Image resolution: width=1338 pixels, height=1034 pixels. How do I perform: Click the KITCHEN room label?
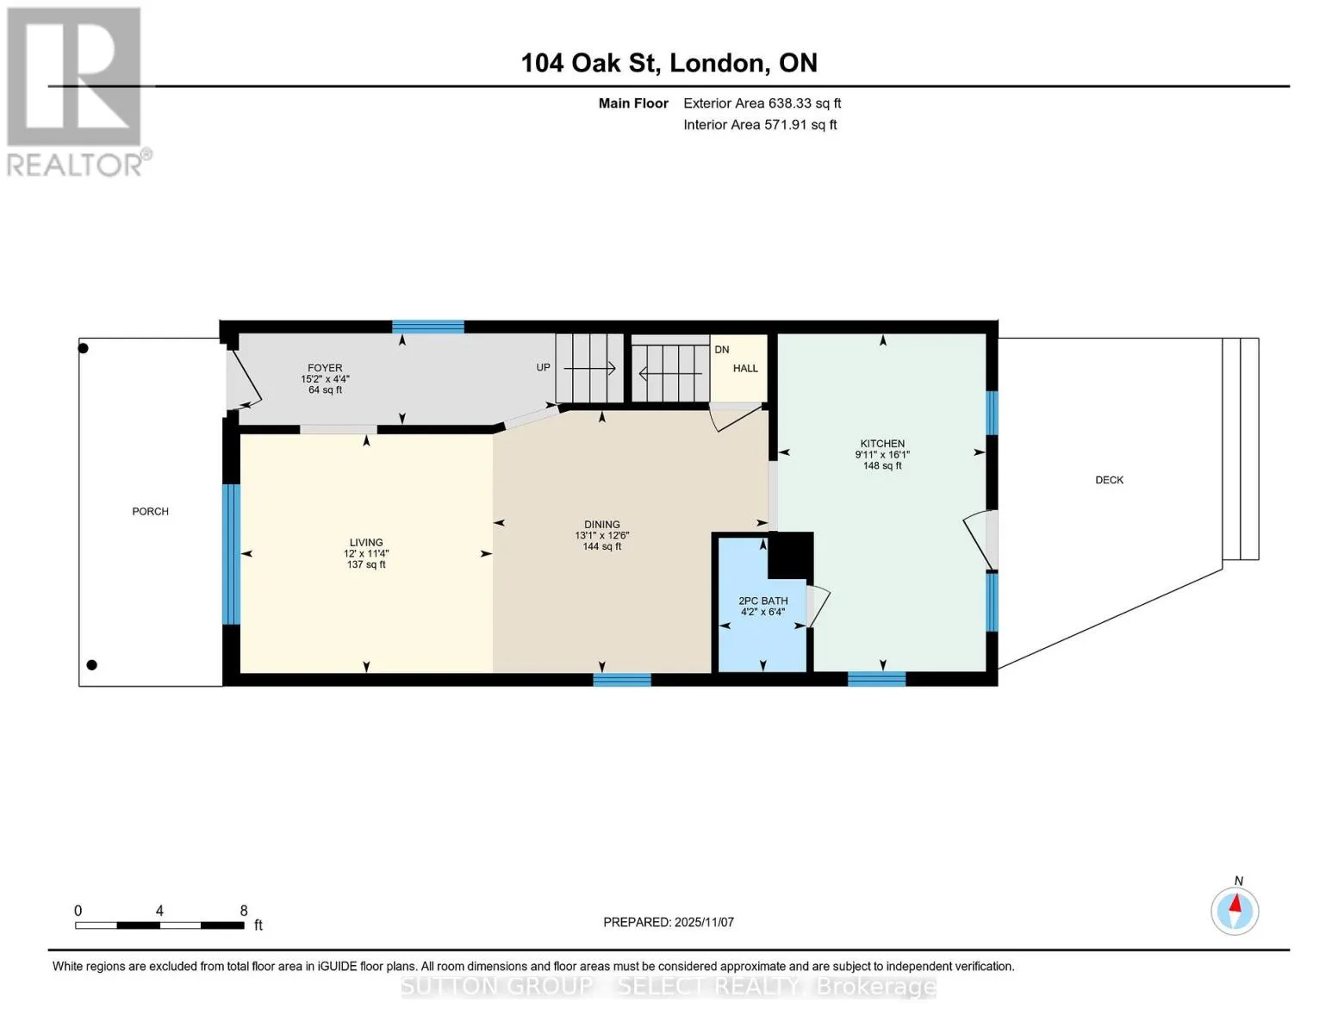coord(881,444)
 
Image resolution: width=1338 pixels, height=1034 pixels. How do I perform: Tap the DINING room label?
coord(601,525)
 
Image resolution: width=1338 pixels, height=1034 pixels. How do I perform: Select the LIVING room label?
coord(366,543)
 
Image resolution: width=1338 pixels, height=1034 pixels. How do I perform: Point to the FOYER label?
coord(325,368)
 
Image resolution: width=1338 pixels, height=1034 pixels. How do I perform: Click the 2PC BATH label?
coord(762,601)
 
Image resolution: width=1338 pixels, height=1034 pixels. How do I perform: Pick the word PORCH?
coord(150,511)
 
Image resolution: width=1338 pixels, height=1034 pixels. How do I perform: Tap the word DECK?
coord(1109,480)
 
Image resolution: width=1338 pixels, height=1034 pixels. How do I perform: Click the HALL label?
coord(745,368)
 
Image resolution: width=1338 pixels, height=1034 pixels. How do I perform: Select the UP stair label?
coord(543,368)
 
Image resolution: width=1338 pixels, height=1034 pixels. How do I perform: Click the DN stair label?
coord(722,350)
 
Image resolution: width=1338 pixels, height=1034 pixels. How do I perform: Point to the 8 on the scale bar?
coord(244,910)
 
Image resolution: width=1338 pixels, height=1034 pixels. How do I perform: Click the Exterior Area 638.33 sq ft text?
coord(762,103)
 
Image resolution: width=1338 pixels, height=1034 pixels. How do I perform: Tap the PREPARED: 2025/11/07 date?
coord(668,922)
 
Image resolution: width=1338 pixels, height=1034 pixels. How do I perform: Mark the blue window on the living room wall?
coord(231,554)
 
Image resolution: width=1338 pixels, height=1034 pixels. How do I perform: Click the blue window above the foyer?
coord(428,327)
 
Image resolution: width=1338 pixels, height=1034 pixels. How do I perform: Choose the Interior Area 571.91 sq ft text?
coord(760,125)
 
